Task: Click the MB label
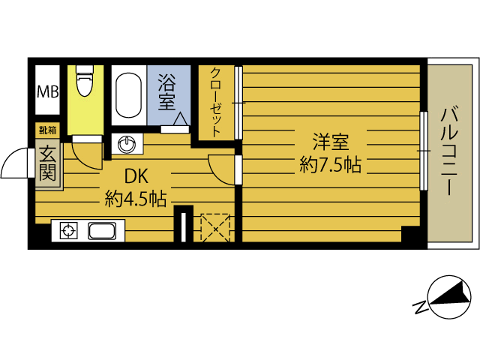click(48, 93)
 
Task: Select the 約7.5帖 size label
click(330, 166)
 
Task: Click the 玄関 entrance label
click(47, 164)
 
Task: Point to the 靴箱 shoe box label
click(46, 130)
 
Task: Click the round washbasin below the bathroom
click(127, 142)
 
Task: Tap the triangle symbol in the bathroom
click(181, 118)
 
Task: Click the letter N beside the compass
click(421, 307)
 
